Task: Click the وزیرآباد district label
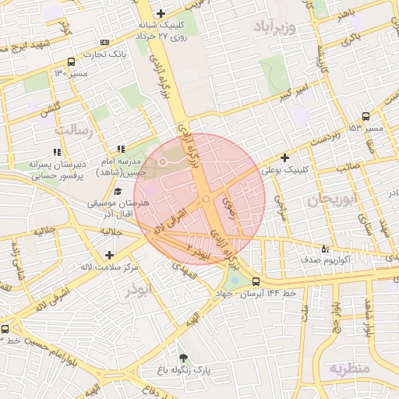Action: pyautogui.click(x=275, y=29)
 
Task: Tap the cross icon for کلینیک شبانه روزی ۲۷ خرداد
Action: pyautogui.click(x=161, y=13)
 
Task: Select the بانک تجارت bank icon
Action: pyautogui.click(x=105, y=42)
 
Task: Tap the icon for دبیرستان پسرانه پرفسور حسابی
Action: pyautogui.click(x=56, y=152)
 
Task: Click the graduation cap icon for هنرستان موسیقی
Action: pyautogui.click(x=118, y=192)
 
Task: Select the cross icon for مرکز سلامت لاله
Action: pyautogui.click(x=108, y=255)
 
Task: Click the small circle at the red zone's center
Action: pyautogui.click(x=206, y=199)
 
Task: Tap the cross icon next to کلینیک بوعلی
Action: pyautogui.click(x=285, y=157)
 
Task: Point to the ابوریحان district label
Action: pyautogui.click(x=330, y=200)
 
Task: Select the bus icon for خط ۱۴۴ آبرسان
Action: pyautogui.click(x=256, y=281)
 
